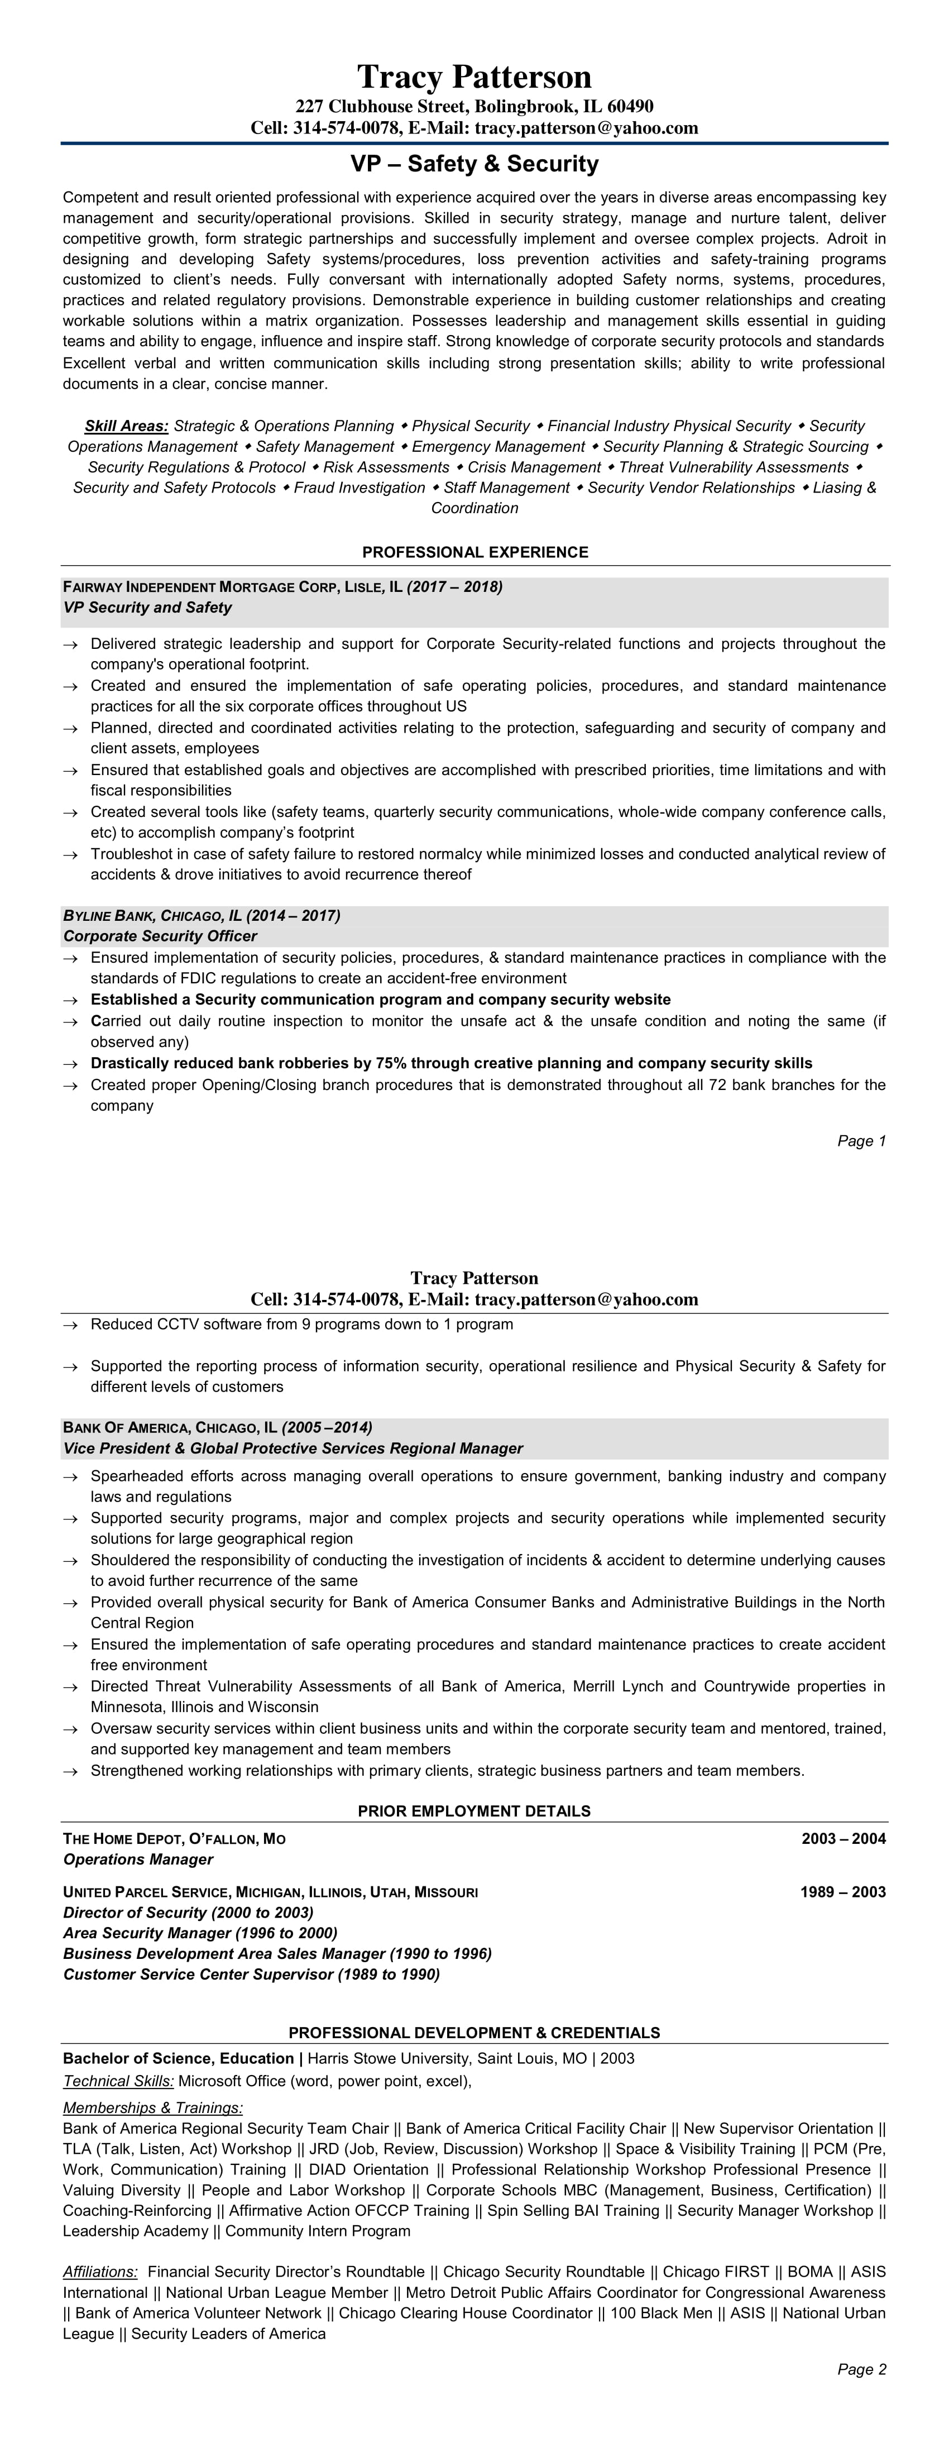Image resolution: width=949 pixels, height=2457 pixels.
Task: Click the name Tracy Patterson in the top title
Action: tap(474, 77)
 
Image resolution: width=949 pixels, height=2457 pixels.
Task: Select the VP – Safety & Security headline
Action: tap(474, 164)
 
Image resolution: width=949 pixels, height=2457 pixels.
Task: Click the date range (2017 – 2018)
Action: tap(454, 586)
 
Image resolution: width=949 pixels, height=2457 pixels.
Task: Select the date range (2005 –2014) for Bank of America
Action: tap(326, 1428)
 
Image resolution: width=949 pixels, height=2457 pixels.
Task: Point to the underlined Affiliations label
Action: tap(100, 2272)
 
